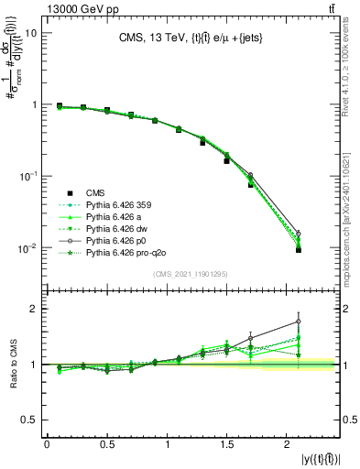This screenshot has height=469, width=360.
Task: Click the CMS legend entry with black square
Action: [x=96, y=192]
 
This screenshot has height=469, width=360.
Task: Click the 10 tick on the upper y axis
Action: [x=30, y=33]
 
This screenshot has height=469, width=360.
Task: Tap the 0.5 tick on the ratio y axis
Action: [x=28, y=420]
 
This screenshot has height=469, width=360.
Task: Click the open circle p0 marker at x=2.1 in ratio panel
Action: [x=299, y=322]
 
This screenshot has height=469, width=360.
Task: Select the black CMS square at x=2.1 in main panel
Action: [x=299, y=250]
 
